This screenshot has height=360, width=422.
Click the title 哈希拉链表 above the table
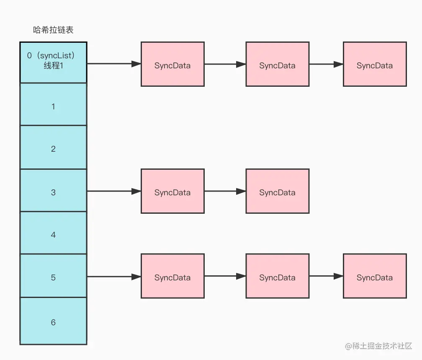point(54,30)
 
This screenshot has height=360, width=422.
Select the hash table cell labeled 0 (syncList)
point(53,62)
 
